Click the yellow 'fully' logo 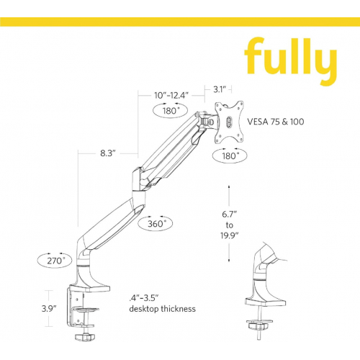tap(290, 60)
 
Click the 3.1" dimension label tap(220, 89)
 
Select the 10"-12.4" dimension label tap(171, 95)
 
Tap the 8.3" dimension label tap(108, 153)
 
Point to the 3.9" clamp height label tap(49, 308)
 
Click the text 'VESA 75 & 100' tap(276, 122)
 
